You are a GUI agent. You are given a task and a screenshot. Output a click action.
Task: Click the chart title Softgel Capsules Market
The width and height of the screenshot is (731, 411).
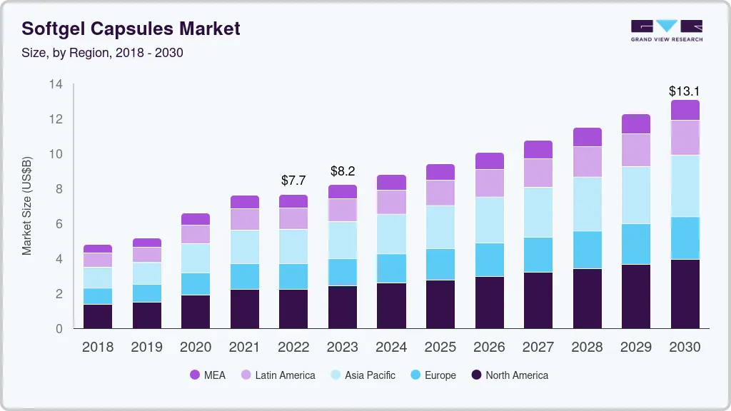(131, 29)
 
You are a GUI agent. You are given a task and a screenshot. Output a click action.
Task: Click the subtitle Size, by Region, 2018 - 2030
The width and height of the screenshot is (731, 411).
(102, 53)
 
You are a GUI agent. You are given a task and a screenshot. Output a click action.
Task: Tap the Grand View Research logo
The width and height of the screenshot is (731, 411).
(666, 30)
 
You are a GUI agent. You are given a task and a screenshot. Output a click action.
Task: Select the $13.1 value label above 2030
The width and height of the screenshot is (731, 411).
(684, 91)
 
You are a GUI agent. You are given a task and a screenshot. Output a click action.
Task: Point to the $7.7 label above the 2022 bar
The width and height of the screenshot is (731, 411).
(293, 180)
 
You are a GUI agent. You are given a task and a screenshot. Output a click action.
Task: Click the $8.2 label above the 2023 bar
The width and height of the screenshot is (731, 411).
(342, 171)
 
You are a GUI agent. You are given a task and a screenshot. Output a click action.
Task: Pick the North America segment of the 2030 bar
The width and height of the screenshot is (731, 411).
(685, 293)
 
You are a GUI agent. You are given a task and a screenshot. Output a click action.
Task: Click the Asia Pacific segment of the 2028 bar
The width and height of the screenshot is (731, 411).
(587, 204)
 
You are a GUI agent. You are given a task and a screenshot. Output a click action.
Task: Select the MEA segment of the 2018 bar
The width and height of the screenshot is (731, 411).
(98, 248)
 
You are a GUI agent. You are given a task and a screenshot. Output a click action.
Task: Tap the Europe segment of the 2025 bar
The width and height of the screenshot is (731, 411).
(440, 264)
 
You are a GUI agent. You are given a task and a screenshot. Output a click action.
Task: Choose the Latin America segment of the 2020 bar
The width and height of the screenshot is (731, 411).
(196, 234)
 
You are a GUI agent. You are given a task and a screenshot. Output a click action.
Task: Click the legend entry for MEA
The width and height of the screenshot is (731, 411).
(207, 375)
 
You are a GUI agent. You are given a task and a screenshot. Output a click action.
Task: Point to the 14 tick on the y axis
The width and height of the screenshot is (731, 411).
(56, 84)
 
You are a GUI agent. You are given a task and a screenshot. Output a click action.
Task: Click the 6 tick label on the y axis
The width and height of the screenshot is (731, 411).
(59, 224)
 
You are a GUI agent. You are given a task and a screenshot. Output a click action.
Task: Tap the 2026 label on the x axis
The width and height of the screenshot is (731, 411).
(489, 347)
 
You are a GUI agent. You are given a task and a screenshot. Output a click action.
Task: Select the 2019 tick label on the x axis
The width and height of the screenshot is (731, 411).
(146, 347)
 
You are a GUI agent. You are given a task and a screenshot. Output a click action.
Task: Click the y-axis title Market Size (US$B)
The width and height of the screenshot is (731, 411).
(27, 205)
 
